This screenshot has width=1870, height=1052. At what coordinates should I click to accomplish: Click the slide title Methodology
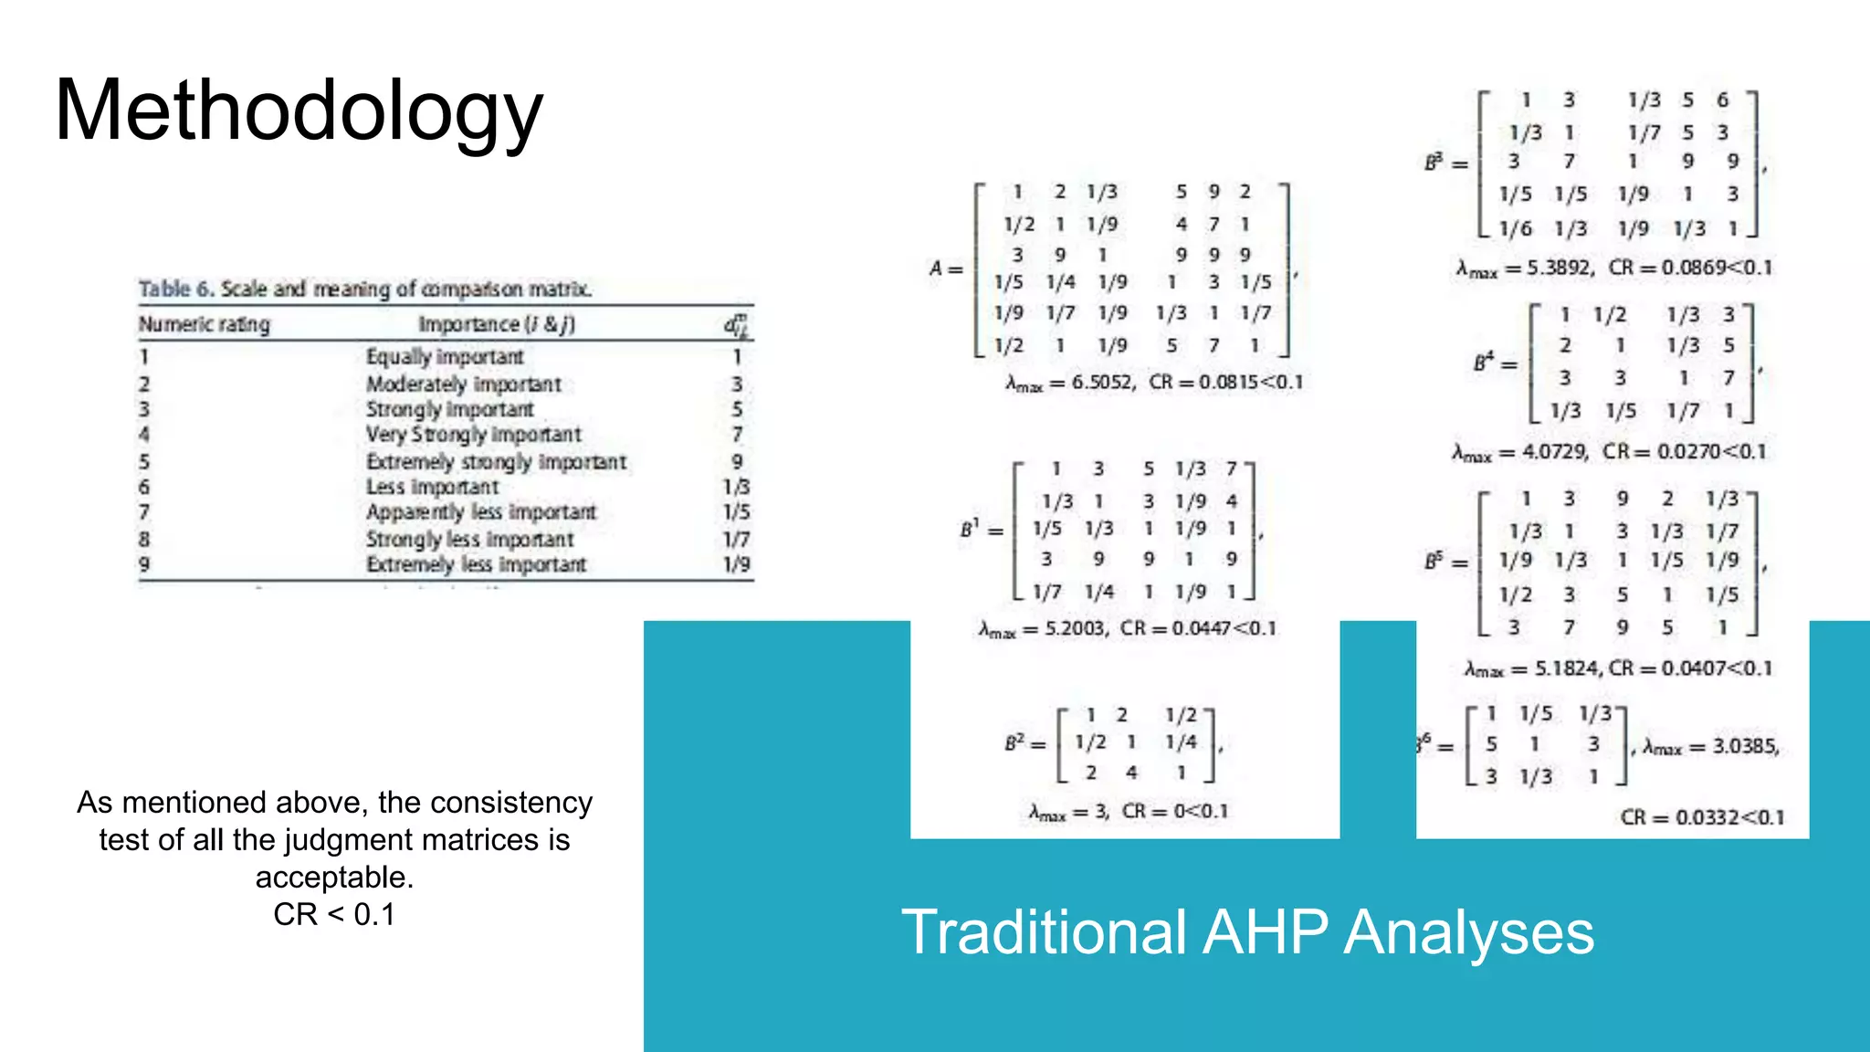point(299,111)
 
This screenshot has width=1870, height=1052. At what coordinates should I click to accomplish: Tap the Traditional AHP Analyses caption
point(1247,932)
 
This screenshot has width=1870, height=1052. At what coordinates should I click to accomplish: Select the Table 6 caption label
point(177,289)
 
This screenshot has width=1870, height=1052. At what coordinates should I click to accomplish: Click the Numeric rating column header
point(205,324)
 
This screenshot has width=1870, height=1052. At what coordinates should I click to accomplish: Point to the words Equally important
point(445,356)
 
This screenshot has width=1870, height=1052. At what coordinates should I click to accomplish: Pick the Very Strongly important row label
point(473,434)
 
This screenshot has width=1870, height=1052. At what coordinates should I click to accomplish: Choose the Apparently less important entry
point(480,511)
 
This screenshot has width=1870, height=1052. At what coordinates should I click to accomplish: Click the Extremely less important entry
point(476,564)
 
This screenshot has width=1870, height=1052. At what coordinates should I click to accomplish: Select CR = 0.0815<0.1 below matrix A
point(1225,382)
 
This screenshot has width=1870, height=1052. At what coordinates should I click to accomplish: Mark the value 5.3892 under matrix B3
point(1560,268)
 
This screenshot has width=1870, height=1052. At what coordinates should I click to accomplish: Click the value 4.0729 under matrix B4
point(1554,451)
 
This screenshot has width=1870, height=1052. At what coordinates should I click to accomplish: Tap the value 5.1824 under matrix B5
point(1566,668)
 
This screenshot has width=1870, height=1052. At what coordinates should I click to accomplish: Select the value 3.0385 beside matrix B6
point(1744,746)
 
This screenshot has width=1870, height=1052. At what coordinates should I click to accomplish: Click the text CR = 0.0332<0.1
point(1702,817)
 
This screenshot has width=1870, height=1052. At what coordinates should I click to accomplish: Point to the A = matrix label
point(945,268)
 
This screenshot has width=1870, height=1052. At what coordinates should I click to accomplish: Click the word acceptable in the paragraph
point(334,877)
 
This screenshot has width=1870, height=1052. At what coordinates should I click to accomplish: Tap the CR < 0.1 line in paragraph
point(334,914)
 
